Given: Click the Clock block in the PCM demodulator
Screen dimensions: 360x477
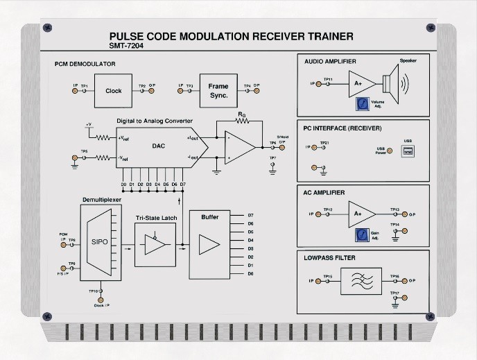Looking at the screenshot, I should pyautogui.click(x=113, y=90).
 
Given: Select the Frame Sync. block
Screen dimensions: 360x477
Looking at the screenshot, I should pyautogui.click(x=218, y=91).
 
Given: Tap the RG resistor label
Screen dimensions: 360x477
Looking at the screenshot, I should pyautogui.click(x=241, y=113).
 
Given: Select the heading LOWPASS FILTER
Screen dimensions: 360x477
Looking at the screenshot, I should pyautogui.click(x=329, y=258).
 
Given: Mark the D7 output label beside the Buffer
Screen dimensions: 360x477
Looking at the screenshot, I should pyautogui.click(x=251, y=215).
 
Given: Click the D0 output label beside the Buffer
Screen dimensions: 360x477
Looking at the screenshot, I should pyautogui.click(x=251, y=274).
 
